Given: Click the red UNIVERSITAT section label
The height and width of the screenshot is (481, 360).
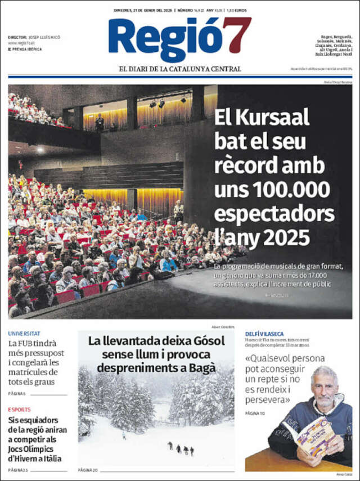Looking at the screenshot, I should point(24,334).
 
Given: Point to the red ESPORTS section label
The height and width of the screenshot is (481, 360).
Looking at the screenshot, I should point(20,410).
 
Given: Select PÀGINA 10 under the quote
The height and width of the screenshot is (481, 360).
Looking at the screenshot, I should point(255,413).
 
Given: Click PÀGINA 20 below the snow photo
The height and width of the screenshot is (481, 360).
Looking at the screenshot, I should point(88,469).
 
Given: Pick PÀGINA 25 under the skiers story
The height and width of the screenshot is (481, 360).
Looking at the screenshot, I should point(18,469).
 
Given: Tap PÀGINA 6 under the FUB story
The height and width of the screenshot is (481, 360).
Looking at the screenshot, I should point(17,393).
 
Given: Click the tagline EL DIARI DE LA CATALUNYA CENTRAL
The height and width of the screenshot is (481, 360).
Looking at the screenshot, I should point(180,69).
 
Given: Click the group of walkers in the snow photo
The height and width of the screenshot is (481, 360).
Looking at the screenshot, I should point(181,448).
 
